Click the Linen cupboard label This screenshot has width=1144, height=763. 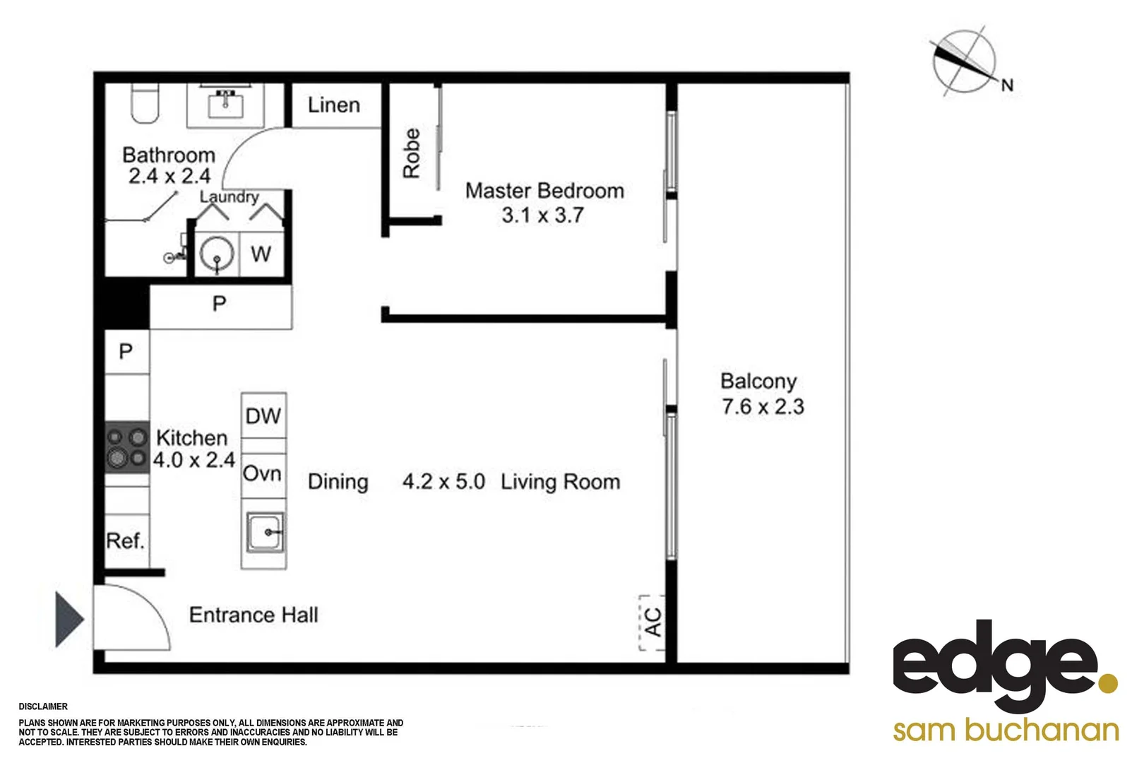(334, 105)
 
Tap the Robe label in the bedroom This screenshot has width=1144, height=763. (411, 153)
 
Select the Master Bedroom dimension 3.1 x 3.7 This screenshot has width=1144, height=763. (542, 215)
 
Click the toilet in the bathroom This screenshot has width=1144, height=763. (145, 104)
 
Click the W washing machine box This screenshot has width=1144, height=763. (261, 254)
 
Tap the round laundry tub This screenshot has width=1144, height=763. (216, 254)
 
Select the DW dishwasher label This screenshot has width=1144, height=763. (263, 416)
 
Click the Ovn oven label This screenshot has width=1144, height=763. (262, 473)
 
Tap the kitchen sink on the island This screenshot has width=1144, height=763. (265, 533)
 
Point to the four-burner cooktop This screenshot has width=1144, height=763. (127, 448)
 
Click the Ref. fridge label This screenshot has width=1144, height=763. (125, 541)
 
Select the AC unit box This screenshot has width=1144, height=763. (653, 622)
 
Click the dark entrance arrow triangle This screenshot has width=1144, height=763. (68, 620)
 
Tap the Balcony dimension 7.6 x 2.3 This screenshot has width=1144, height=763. (763, 407)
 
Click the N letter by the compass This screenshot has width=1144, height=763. (1007, 85)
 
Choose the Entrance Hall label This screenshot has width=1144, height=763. (254, 615)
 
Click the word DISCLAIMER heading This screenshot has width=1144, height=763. (43, 706)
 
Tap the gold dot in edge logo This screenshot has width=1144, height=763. (1108, 683)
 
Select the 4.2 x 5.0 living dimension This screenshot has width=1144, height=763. (443, 482)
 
